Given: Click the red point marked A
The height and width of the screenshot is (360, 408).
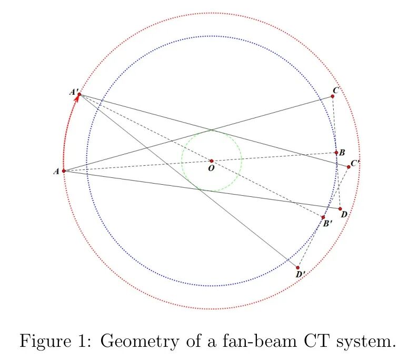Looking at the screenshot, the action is tap(64, 171).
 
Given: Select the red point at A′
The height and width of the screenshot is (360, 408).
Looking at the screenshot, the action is tap(79, 94).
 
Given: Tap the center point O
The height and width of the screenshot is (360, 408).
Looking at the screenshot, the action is tap(212, 161).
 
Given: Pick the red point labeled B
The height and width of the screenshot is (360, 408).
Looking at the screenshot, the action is tap(336, 153).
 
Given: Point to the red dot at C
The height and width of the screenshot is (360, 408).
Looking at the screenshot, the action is tap(333, 96).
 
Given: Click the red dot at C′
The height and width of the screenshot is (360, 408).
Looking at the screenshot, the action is tap(349, 167).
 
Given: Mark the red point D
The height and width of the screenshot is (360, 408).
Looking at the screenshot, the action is tap(340, 208).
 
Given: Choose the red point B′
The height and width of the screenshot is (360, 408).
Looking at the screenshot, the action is tap(323, 217).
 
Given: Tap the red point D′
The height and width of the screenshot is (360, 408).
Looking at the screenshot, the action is tap(297, 267).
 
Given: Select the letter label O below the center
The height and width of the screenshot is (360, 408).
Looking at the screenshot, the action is tap(212, 168).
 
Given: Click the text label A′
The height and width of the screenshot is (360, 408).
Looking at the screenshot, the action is tap(74, 92).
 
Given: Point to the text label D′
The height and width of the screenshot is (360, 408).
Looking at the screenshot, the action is tap(301, 274).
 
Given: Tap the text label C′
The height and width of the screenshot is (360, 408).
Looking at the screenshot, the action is tap(355, 163).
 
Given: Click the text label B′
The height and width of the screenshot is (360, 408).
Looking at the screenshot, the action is tap(327, 223).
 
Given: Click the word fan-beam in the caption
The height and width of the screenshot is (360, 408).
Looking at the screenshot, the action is tap(260, 340).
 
